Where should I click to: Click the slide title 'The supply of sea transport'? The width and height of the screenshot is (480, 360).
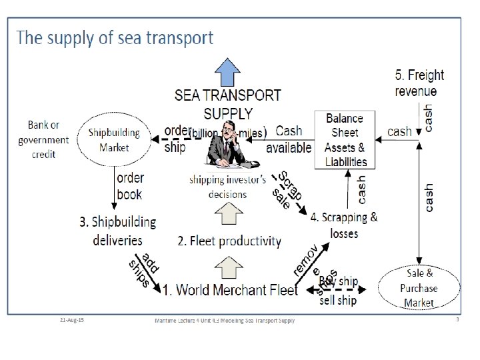(115, 37)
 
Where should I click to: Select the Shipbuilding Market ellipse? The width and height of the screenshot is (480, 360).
(114, 139)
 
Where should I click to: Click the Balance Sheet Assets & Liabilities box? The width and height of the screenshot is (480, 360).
(345, 140)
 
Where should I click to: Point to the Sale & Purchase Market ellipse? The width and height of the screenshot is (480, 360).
(419, 288)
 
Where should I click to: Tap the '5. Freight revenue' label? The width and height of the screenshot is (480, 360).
(419, 83)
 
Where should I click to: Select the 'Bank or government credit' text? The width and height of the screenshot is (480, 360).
(43, 139)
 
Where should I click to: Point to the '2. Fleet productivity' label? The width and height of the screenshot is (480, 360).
(229, 241)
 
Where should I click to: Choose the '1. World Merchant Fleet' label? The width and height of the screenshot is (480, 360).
(230, 290)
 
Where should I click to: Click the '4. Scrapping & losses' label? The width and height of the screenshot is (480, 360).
(344, 225)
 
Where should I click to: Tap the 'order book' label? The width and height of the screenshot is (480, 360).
(129, 186)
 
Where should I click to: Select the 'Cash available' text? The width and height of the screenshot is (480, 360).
(289, 139)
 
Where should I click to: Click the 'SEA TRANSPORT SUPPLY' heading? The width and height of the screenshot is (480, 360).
(228, 104)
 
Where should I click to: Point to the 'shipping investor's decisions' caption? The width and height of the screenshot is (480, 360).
(227, 187)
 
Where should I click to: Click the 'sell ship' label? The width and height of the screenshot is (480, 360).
(338, 300)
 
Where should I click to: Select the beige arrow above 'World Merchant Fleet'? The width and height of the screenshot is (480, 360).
(227, 266)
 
